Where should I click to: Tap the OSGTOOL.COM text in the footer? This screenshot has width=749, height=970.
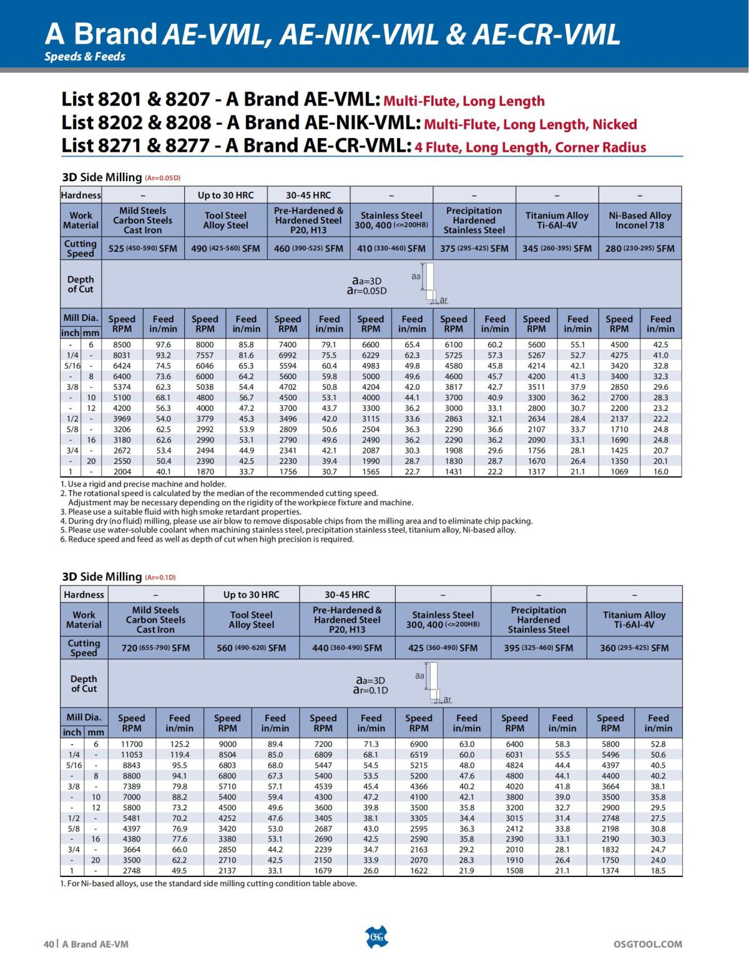pyautogui.click(x=648, y=944)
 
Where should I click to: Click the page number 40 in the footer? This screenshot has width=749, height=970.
pyautogui.click(x=49, y=944)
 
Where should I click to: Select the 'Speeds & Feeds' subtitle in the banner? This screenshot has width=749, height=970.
pyautogui.click(x=85, y=56)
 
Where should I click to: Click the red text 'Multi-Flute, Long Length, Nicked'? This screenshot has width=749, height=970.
pyautogui.click(x=531, y=124)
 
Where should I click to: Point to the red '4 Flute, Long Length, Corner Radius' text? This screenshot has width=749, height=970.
pyautogui.click(x=531, y=147)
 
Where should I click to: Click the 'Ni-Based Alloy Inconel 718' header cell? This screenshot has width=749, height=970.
pyautogui.click(x=640, y=220)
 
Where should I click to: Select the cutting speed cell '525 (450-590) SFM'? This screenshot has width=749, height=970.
pyautogui.click(x=142, y=248)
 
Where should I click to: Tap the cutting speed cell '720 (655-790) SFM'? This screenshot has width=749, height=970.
pyautogui.click(x=155, y=648)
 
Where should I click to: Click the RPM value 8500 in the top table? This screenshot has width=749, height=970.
pyautogui.click(x=122, y=344)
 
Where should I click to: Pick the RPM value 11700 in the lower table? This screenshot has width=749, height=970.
pyautogui.click(x=131, y=744)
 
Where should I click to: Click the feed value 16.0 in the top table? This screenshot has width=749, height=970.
pyautogui.click(x=660, y=472)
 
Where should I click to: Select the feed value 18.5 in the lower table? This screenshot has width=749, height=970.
pyautogui.click(x=658, y=871)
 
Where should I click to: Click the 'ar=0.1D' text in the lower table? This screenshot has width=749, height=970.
pyautogui.click(x=370, y=690)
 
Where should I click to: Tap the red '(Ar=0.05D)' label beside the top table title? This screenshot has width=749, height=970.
pyautogui.click(x=163, y=178)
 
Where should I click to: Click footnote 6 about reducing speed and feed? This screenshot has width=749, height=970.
pyautogui.click(x=207, y=539)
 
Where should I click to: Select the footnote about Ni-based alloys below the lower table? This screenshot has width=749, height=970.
pyautogui.click(x=208, y=883)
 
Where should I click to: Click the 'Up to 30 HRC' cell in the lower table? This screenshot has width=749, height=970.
pyautogui.click(x=252, y=595)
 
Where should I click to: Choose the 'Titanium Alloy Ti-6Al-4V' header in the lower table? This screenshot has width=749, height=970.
pyautogui.click(x=634, y=620)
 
